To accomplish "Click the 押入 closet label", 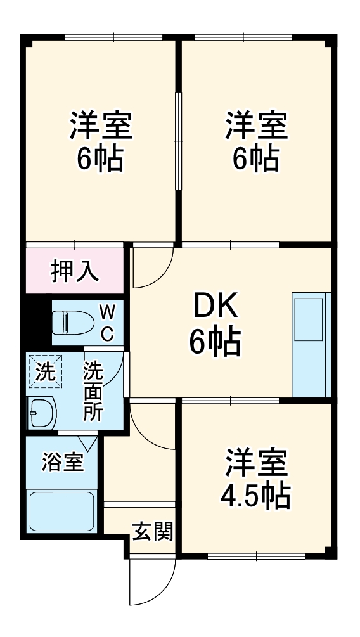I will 75,271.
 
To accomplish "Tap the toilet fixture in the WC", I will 70,323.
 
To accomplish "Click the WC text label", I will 107,322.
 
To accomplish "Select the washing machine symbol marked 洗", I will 44,371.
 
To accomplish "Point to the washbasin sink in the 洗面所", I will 42,413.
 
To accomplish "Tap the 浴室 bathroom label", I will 61,462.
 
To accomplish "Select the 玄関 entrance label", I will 153,531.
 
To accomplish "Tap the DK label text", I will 215,308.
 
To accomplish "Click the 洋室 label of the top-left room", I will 101,125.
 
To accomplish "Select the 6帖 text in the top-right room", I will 255,158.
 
